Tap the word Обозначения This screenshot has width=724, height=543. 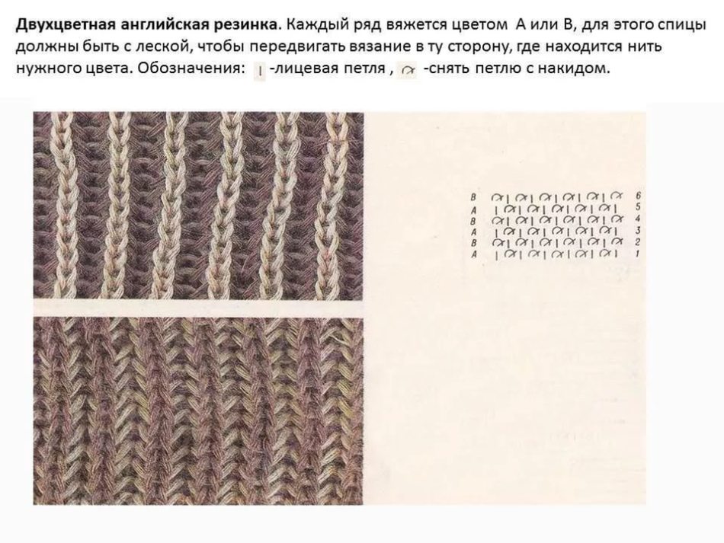point(191,69)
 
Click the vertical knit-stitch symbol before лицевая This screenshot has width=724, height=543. point(260,71)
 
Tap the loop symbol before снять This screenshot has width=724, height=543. point(408,71)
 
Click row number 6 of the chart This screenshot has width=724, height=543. point(638,196)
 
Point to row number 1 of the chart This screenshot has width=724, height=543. point(638,254)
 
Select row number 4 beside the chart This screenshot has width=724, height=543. point(638,219)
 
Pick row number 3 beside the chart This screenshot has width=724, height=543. point(638,230)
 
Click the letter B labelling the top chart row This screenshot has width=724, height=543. point(473,197)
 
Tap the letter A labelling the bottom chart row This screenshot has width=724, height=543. point(473,254)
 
